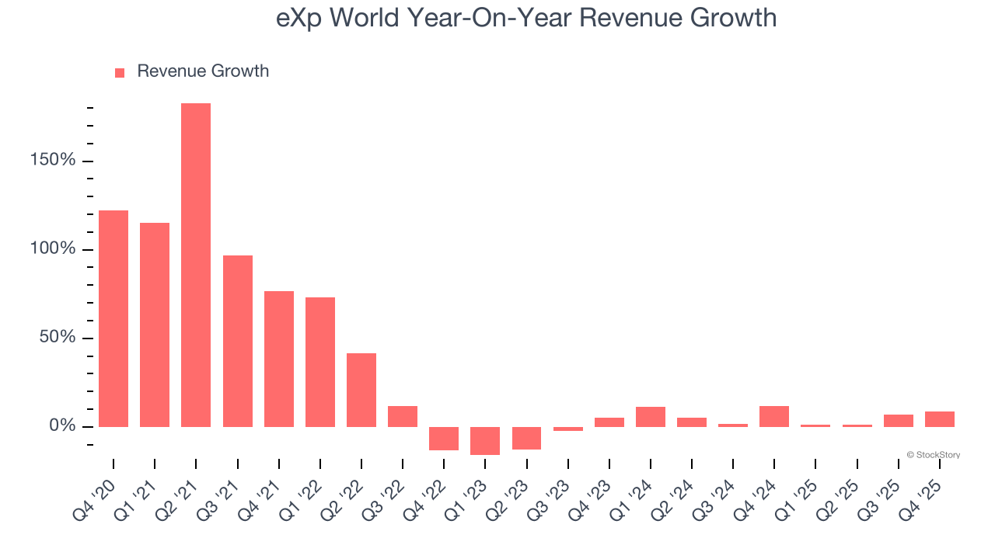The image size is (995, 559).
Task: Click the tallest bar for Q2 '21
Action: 196,265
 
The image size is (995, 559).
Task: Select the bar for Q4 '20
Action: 113,318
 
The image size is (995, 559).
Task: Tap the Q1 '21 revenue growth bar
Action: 155,325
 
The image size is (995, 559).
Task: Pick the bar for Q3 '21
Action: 237,341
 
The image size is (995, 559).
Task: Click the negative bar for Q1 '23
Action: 485,440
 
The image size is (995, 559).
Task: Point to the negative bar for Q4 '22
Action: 444,438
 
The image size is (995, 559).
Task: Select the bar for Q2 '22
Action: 361,390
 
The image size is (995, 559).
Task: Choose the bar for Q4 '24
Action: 774,416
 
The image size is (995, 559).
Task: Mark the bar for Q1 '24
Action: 651,417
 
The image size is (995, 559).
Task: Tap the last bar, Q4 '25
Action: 939,419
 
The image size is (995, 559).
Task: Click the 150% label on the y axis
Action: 54,161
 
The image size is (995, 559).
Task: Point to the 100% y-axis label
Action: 54,249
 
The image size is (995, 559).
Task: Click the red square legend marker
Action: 120,73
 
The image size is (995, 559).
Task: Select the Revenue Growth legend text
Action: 203,71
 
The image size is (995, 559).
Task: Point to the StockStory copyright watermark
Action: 933,455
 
